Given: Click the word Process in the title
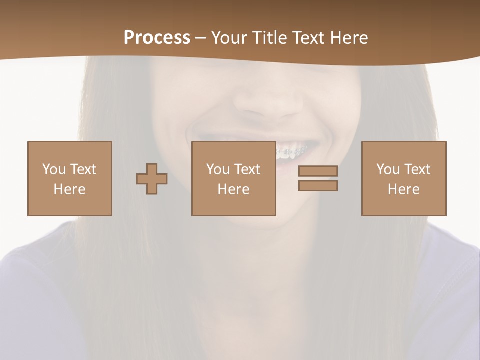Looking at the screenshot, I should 157,38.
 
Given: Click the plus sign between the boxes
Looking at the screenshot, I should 152,179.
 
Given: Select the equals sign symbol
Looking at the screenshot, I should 318,178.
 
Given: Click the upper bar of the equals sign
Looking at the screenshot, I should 318,171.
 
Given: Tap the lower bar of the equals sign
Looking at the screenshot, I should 318,185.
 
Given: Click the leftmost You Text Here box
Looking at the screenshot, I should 69,178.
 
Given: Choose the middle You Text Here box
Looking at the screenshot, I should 233,178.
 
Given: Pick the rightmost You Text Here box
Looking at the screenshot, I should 403,178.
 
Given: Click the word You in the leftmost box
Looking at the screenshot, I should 54,169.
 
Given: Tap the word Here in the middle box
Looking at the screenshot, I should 233,189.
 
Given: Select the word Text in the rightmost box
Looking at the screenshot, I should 417,169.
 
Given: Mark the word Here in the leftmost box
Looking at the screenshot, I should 69,189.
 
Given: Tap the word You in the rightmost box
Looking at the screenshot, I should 388,169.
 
